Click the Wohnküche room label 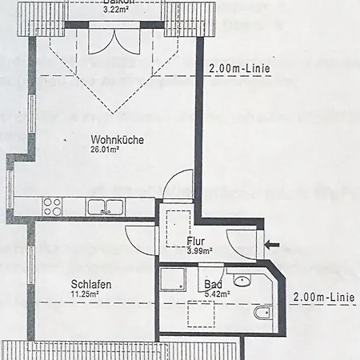tap(117, 140)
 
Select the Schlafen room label tap(90, 285)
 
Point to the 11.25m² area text tap(84, 294)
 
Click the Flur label tap(197, 241)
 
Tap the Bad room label tap(213, 285)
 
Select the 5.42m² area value tap(217, 294)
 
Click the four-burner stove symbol tap(53, 206)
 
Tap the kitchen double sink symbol tap(105, 206)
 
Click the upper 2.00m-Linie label tap(239, 69)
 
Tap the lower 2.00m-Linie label tap(323, 297)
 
